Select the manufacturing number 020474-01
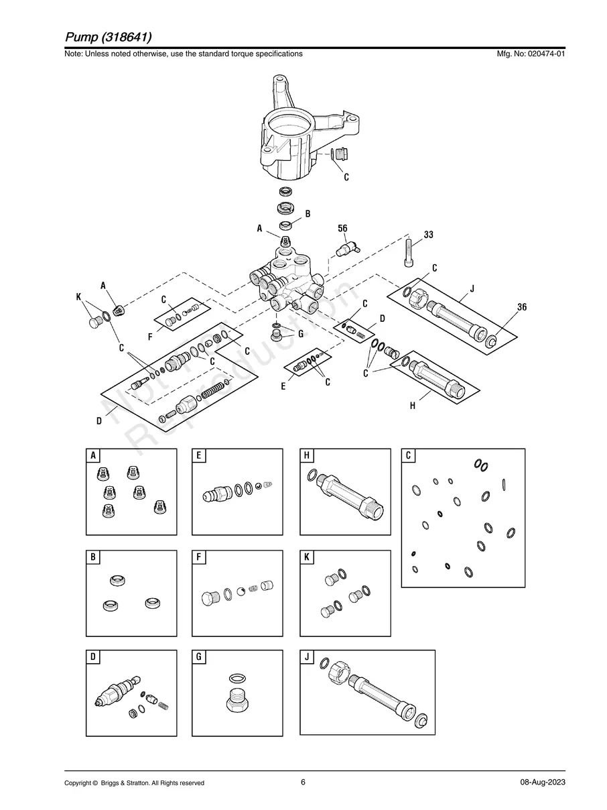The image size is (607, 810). [541, 54]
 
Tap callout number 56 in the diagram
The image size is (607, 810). [342, 229]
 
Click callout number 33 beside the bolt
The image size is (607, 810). [429, 235]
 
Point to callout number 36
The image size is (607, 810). [522, 307]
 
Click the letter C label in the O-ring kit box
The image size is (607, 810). [409, 456]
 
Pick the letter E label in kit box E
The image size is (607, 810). [200, 456]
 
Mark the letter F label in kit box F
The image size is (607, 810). [200, 558]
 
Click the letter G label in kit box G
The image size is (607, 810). [200, 657]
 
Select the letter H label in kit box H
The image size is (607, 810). [308, 456]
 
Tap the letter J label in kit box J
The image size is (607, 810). [308, 657]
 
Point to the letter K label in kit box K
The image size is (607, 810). [308, 558]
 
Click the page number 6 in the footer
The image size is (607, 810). [303, 782]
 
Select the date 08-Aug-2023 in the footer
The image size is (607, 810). [542, 783]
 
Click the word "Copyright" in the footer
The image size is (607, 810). [78, 783]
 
